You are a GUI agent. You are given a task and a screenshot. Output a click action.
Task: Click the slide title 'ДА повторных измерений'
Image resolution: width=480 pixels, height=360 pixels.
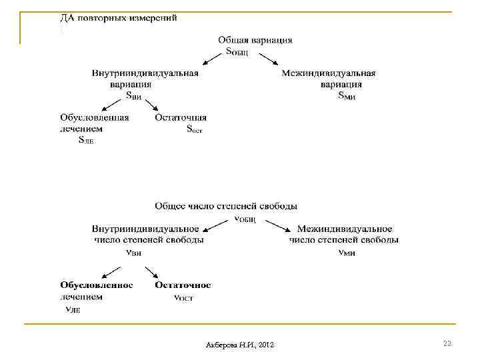[119, 18]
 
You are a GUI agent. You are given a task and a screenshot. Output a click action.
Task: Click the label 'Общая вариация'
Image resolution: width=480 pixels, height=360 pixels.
[255, 40]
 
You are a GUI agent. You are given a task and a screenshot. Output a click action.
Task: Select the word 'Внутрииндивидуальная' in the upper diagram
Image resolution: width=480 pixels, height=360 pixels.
[145, 73]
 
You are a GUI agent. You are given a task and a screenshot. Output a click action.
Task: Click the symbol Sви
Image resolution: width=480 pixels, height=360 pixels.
[134, 96]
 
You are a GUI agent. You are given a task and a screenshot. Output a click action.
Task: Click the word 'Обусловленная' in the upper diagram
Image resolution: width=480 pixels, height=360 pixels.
[94, 118]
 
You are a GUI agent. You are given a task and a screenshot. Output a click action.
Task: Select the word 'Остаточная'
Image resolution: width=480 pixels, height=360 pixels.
[181, 118]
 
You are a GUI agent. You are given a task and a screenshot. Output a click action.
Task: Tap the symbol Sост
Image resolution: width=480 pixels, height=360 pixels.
[194, 129]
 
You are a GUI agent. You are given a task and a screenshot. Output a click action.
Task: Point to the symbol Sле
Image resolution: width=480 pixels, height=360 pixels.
[86, 141]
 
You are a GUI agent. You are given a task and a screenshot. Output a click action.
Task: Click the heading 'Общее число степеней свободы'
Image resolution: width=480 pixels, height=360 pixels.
[226, 206]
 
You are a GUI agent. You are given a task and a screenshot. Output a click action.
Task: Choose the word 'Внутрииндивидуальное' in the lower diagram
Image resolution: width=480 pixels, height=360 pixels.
[145, 229]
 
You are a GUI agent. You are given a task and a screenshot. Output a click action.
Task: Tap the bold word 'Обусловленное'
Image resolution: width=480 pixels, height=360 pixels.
[97, 285]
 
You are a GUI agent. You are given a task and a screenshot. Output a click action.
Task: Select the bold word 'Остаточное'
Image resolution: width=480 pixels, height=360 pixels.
[183, 285]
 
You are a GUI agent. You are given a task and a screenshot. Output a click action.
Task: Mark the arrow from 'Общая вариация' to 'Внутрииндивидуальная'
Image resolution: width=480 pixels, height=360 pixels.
[215, 58]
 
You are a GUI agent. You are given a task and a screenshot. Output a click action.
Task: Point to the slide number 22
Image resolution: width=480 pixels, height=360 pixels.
[447, 343]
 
